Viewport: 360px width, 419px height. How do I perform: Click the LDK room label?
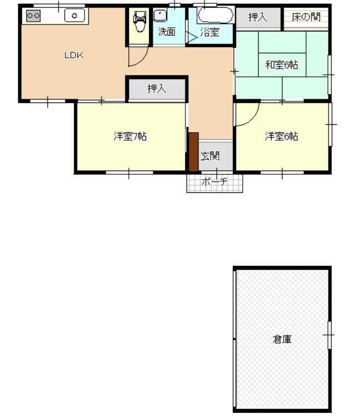click(x=74, y=56)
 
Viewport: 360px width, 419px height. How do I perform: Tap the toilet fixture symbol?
click(x=140, y=21)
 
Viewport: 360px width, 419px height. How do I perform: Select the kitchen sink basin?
click(x=75, y=15)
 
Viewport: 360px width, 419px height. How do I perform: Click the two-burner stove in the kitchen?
click(x=33, y=15)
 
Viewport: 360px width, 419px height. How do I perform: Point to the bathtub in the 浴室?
click(x=215, y=15)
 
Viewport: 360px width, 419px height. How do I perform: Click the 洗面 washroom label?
click(x=166, y=32)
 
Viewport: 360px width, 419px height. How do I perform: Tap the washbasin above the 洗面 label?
click(x=160, y=15)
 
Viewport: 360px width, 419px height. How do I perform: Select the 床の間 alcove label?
click(x=306, y=17)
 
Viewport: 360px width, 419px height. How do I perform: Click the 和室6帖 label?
click(x=281, y=65)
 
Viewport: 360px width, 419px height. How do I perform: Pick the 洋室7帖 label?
click(x=130, y=136)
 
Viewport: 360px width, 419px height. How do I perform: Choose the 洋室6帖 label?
click(x=281, y=136)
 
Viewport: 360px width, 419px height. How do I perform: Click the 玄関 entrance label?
click(x=210, y=156)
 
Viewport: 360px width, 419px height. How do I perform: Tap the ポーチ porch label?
click(x=215, y=182)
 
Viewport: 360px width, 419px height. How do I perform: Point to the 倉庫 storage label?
click(x=282, y=339)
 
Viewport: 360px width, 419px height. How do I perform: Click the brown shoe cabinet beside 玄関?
click(x=194, y=151)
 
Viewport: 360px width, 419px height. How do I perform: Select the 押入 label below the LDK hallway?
click(x=157, y=88)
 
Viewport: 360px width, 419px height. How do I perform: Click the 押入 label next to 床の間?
click(x=257, y=17)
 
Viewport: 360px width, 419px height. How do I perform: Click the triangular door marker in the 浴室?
click(x=192, y=37)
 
